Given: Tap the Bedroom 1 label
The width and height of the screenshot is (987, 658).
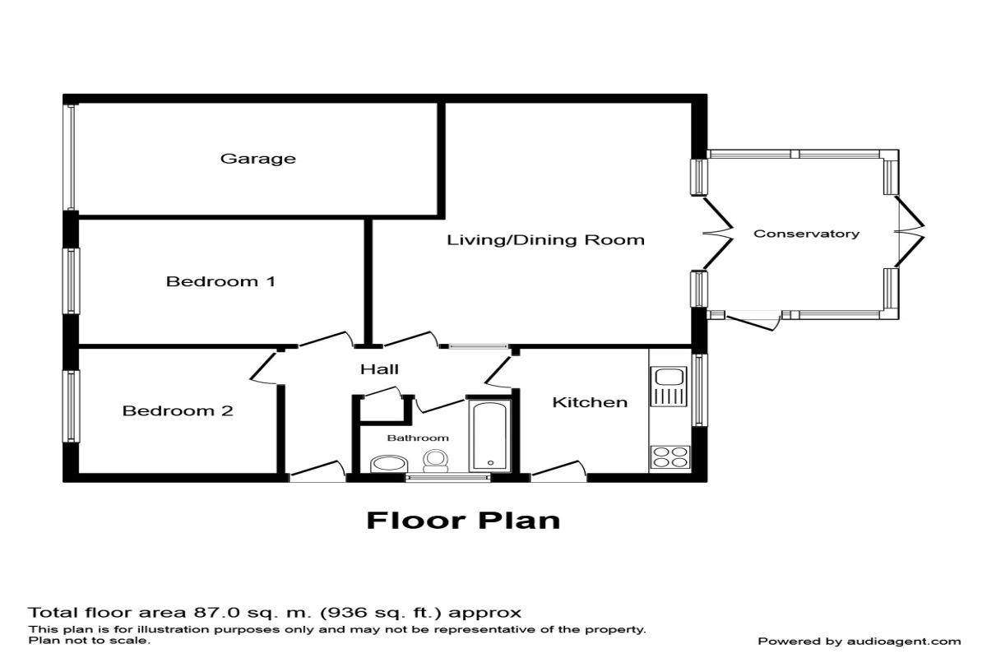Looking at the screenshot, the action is (x=220, y=281).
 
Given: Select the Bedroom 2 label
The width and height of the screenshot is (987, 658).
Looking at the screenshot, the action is (x=178, y=410).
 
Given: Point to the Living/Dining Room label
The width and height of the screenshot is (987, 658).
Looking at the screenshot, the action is (x=545, y=240).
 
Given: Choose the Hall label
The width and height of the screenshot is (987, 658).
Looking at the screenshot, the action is (x=379, y=368).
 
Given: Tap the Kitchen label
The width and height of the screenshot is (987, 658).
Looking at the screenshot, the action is (x=589, y=402).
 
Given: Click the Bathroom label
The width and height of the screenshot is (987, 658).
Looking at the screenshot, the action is (x=418, y=438).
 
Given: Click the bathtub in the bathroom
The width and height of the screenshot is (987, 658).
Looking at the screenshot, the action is (x=489, y=434).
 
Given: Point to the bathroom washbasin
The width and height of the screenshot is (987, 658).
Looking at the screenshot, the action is (x=385, y=465).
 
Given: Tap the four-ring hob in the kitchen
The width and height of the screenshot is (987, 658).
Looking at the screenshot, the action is (x=669, y=456).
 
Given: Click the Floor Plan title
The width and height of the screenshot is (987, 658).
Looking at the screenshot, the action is (x=463, y=521).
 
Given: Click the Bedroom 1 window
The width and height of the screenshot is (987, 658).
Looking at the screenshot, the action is (x=72, y=281).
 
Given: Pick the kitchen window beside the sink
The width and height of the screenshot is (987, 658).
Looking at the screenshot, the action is (x=699, y=390).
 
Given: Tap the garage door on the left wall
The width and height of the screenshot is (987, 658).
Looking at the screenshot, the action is (x=71, y=156).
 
